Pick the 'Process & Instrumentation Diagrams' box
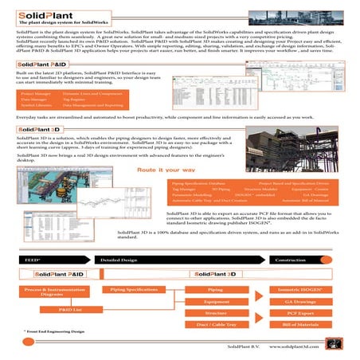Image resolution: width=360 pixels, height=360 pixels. point(50,292)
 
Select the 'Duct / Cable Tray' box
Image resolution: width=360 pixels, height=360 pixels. point(215,327)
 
